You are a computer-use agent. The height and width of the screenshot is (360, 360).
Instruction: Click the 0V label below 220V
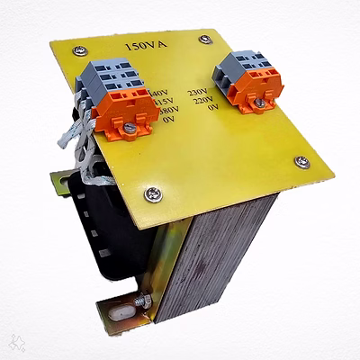tap(213, 112)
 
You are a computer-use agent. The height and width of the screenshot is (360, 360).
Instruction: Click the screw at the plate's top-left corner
tap(81, 50)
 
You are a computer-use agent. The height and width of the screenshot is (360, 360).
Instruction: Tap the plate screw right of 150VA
tap(206, 40)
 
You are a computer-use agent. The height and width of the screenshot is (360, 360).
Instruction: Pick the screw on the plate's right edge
tap(302, 162)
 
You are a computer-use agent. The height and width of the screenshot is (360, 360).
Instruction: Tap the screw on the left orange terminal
tap(130, 129)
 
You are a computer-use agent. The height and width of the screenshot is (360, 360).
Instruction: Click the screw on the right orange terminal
tap(260, 102)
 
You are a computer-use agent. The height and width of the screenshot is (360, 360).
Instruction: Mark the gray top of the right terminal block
tap(243, 59)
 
